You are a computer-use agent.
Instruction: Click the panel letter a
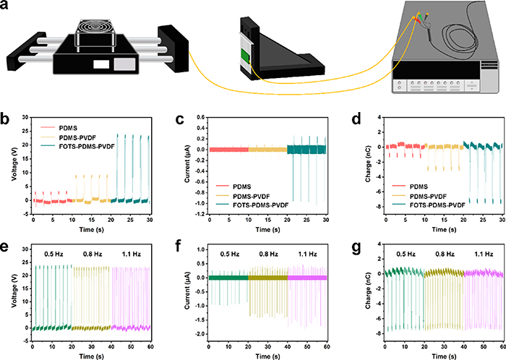[x=7, y=7]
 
